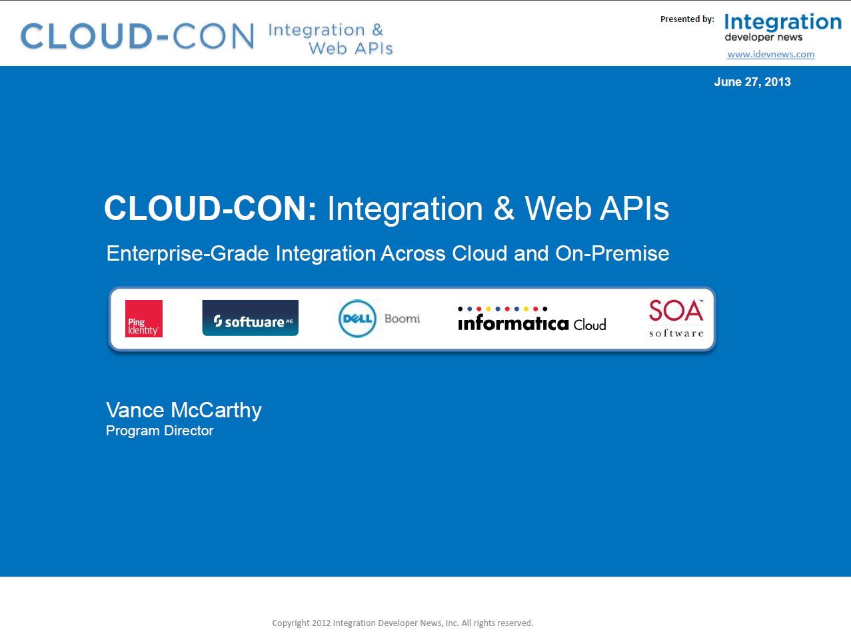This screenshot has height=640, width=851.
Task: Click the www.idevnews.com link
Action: click(x=771, y=54)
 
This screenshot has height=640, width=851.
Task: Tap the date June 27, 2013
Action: click(x=752, y=82)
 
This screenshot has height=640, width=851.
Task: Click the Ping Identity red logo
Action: click(x=144, y=319)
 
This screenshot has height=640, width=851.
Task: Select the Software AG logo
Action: click(x=251, y=318)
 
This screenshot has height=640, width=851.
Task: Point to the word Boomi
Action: click(x=402, y=319)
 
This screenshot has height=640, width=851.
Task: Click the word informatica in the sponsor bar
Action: click(x=513, y=323)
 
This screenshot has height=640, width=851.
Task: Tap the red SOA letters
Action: click(x=676, y=311)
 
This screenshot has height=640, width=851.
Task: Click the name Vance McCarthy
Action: click(x=184, y=411)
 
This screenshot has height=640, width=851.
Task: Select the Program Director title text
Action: click(x=160, y=431)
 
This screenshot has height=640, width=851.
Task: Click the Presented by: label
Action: click(x=687, y=19)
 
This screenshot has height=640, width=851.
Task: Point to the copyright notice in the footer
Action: click(x=403, y=623)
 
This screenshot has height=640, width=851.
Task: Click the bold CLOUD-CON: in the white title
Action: click(x=211, y=208)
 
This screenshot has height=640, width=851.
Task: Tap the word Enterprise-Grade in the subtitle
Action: click(x=188, y=254)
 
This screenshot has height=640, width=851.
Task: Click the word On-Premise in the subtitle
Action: click(x=612, y=254)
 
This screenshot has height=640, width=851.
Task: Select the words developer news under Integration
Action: click(x=764, y=37)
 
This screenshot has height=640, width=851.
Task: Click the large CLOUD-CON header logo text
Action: click(x=138, y=36)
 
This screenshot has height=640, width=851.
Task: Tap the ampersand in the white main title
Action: click(x=504, y=208)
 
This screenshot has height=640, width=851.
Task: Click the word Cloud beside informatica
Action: click(x=590, y=324)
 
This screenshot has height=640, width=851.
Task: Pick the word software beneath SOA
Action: click(x=676, y=333)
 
